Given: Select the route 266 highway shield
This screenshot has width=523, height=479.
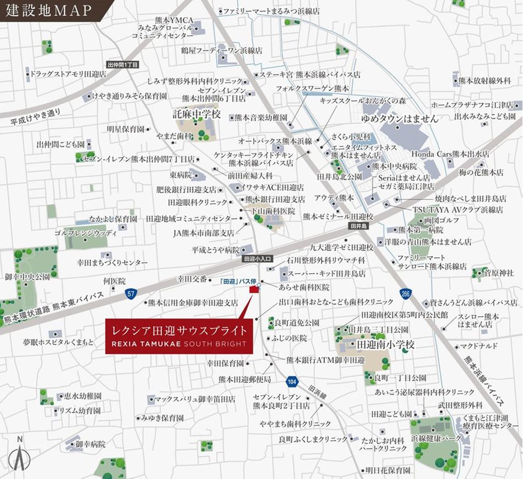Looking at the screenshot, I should click(406, 293).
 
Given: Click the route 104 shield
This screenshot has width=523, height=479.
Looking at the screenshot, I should click(292, 381).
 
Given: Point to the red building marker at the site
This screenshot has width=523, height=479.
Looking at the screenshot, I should click(254, 289).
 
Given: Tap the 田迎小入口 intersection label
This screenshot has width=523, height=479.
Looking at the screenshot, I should click(257, 258).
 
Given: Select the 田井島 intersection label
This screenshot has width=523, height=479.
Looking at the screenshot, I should click(358, 226).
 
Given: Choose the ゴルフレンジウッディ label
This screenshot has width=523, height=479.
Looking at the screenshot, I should click(86, 233).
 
